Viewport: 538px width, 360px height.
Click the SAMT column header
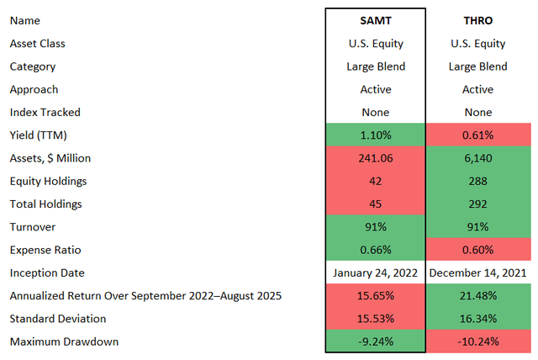click(375, 20)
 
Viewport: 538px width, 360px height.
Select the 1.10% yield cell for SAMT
click(375, 135)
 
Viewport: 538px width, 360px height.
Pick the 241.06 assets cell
click(375, 157)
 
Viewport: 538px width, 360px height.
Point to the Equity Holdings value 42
click(375, 180)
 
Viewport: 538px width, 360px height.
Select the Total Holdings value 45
click(375, 204)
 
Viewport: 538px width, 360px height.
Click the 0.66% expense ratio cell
click(375, 250)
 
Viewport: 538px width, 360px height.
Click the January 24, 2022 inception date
click(375, 273)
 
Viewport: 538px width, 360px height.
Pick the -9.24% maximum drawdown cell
click(375, 341)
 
